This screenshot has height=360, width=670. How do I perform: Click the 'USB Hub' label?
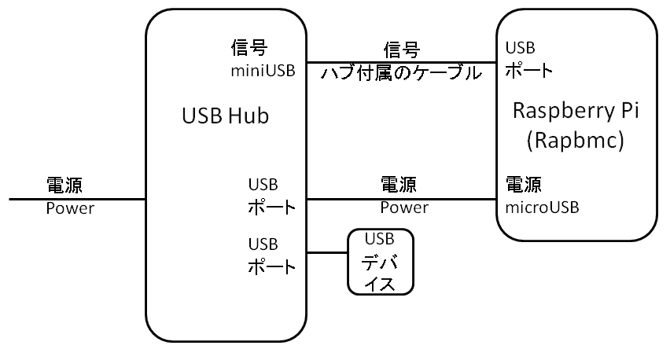click(x=225, y=116)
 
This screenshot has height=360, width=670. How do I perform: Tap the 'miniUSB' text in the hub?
click(x=262, y=72)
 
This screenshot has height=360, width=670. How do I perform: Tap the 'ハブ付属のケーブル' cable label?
click(x=401, y=74)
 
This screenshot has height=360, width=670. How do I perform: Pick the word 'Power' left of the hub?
click(x=69, y=208)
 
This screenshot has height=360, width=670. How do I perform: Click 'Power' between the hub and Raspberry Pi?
click(x=404, y=208)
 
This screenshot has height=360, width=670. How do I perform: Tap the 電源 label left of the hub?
click(x=65, y=186)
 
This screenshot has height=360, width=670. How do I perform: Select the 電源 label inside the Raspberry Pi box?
click(x=523, y=186)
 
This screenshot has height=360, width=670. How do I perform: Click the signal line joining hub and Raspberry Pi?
click(x=401, y=62)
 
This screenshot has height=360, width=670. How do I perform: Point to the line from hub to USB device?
click(x=327, y=252)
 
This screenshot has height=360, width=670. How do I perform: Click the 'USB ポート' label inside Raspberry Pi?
click(x=528, y=58)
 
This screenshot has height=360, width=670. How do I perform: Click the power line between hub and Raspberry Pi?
click(x=401, y=199)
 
